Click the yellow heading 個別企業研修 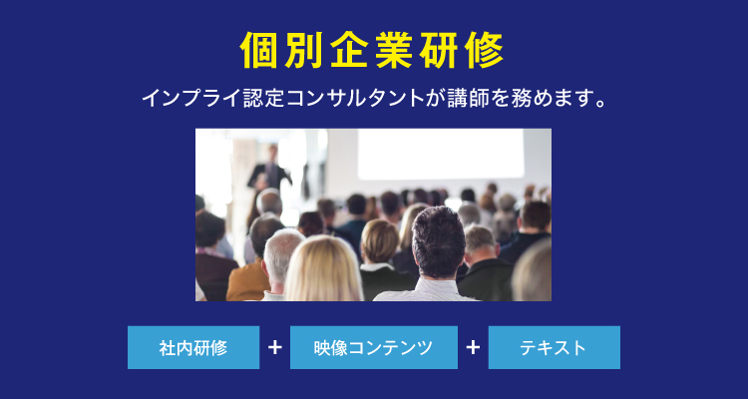click(x=372, y=50)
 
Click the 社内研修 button click(x=193, y=347)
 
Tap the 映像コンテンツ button click(x=374, y=347)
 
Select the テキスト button click(x=554, y=347)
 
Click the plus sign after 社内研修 click(x=275, y=347)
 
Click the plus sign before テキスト click(x=473, y=347)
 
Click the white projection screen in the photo click(x=441, y=155)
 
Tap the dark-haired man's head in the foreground click(x=439, y=241)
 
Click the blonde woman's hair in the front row click(x=323, y=269)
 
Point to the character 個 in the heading click(x=259, y=51)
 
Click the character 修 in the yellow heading click(x=486, y=51)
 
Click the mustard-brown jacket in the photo click(x=248, y=280)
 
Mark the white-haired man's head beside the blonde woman click(x=283, y=255)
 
